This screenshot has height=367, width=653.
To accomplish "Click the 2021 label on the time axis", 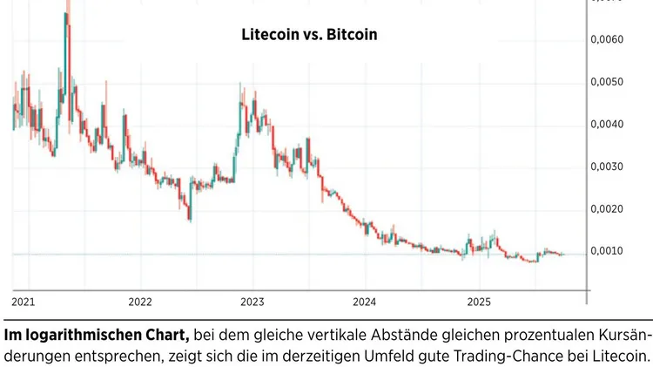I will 24,302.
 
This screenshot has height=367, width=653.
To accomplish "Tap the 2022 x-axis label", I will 140,302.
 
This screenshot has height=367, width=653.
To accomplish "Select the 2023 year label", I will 252,302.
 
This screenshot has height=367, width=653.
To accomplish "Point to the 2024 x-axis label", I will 365,302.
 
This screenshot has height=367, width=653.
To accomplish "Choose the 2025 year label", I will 478,302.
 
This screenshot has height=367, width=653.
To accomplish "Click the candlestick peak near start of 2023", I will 241,85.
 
